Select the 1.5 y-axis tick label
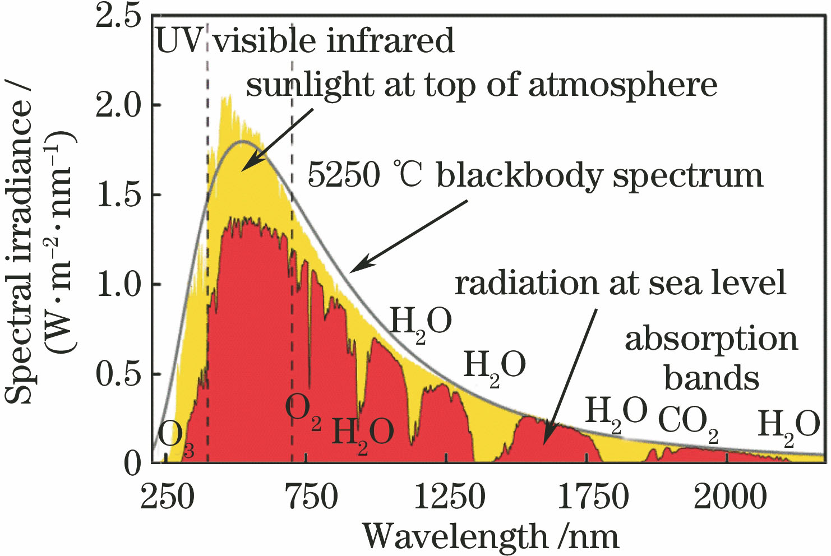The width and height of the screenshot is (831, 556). pos(118,195)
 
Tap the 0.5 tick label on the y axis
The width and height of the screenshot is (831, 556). pos(118,374)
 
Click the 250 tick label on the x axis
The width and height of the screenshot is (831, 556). pos(166,497)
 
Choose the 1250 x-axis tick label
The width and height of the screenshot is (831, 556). pos(449,497)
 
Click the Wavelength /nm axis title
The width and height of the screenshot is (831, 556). pos(491,536)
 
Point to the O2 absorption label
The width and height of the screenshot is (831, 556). pos(303,411)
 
